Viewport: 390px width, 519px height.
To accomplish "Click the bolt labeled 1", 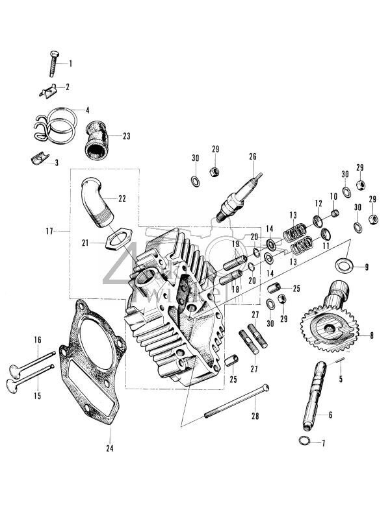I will (x=52, y=64).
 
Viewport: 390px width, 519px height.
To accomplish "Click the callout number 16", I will (x=37, y=339).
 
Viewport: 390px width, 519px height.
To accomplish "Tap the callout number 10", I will (x=333, y=196).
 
